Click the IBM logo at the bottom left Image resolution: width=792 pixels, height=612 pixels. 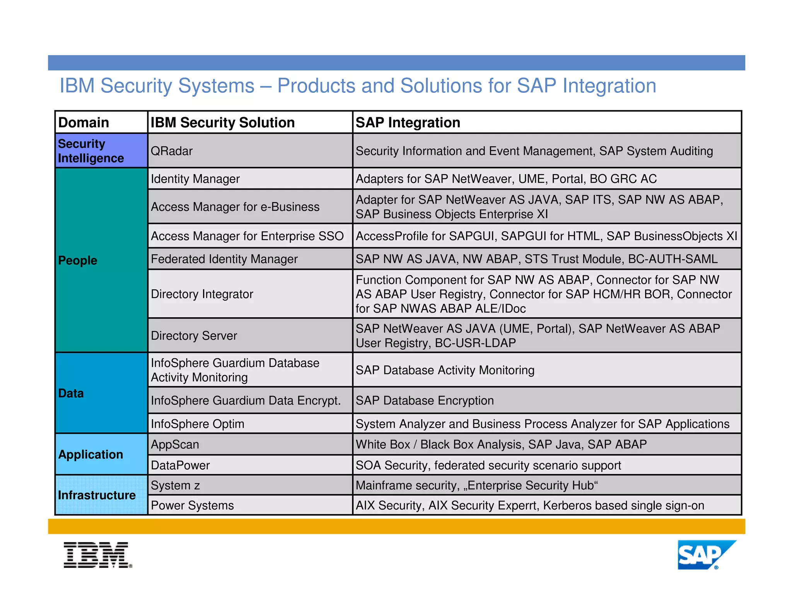point(97,555)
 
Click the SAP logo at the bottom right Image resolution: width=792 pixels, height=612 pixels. point(706,555)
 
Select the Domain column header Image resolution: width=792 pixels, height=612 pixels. point(84,123)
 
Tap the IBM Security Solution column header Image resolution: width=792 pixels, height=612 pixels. point(222,123)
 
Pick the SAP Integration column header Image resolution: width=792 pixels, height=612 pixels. point(408,123)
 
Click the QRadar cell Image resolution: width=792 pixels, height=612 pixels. point(172,151)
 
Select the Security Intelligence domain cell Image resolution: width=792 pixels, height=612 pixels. point(91,151)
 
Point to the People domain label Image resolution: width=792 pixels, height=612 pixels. point(78,260)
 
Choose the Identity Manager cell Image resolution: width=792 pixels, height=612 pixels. point(195,179)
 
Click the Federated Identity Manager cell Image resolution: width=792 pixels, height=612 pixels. point(224,259)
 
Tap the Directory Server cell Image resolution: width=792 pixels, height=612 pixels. point(194,335)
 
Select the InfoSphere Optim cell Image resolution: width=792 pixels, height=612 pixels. point(197,424)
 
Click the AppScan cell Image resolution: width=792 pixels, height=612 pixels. point(175,444)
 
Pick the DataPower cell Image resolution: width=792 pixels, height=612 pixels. point(180,465)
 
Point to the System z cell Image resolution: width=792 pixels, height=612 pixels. point(175,485)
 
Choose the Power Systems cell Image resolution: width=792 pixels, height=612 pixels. point(192,505)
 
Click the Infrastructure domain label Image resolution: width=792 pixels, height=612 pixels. point(97,495)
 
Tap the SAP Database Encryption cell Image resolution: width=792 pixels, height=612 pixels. point(425,400)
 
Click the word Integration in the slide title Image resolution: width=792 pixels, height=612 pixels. point(609,86)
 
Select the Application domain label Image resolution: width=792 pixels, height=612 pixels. point(90,455)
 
